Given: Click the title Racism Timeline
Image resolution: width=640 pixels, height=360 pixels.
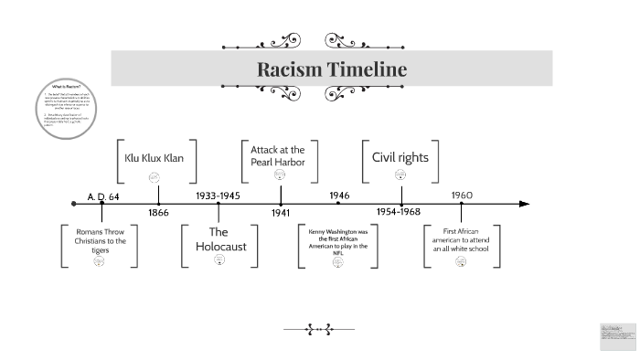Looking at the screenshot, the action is coord(331,69).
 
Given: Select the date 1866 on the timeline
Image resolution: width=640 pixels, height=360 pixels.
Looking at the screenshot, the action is coord(160,212).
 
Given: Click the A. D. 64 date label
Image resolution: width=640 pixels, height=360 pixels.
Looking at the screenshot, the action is coord(104,196).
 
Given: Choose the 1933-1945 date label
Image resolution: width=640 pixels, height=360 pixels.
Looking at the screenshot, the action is coord(219,196).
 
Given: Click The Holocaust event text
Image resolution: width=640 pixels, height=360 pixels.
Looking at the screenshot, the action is coord(219,239).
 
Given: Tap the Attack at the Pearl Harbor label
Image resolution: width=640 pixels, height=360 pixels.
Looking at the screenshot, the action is coord(281,155).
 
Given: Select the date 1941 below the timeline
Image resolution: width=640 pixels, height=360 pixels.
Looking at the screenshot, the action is coord(281,212).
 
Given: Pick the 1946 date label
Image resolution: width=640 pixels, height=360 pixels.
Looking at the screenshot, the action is coord(339,196).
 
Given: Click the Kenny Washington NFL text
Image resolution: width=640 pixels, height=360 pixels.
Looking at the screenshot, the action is coord(339,240).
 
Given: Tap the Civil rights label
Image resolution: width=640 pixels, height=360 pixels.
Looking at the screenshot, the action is coord(400,156).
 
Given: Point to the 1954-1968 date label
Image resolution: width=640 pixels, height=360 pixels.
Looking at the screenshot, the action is coord(399,212).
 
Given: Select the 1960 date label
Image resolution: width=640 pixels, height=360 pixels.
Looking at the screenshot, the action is coord(462,196).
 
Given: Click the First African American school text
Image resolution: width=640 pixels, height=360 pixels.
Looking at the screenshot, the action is coord(463,240).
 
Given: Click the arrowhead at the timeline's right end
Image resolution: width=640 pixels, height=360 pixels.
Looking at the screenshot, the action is coord(525,203).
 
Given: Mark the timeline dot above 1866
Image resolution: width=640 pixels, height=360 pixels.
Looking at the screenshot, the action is coord(160,203).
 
